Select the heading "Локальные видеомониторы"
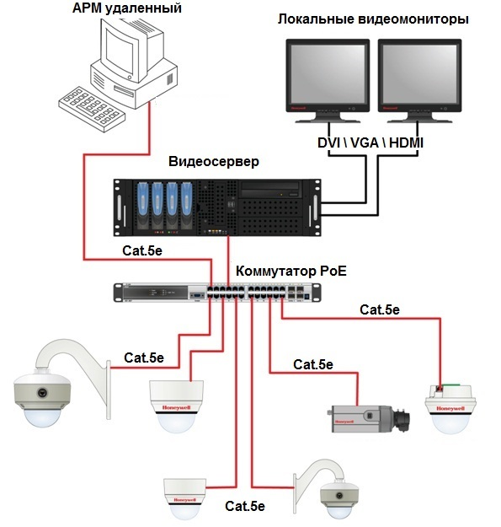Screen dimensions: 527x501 tap(373, 19)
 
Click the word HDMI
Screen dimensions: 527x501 tap(406, 144)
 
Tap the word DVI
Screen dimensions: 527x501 tap(329, 144)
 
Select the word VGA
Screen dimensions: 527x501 tap(365, 144)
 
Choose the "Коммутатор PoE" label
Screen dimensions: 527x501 tap(290, 272)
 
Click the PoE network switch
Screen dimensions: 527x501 tap(219, 292)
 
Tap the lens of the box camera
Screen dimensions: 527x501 tap(403, 416)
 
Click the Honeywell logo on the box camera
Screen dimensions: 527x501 tap(344, 420)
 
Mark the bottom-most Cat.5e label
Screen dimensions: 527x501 tap(245, 507)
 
